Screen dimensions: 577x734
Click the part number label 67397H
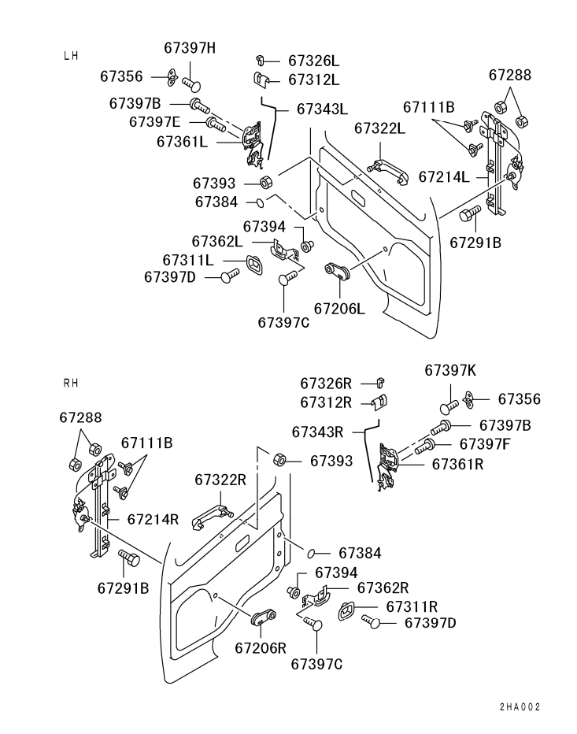(190, 48)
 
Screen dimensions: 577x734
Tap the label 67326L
(313, 61)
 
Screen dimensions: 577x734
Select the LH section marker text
(71, 56)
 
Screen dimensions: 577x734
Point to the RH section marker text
(71, 384)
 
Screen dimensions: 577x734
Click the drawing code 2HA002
(520, 707)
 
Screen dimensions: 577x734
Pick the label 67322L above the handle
(379, 128)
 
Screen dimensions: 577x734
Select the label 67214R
(153, 519)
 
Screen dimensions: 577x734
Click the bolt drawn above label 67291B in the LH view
(470, 214)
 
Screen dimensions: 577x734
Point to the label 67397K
(450, 370)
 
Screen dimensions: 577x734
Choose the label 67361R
(457, 464)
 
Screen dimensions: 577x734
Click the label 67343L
(323, 109)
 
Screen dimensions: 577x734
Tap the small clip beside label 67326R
(380, 384)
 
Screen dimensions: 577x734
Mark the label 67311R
(412, 606)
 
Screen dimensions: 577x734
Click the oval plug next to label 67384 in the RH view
(311, 554)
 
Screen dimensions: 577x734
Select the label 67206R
(261, 648)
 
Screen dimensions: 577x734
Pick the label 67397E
(154, 122)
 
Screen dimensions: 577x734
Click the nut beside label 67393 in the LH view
(265, 182)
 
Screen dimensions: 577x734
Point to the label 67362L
(217, 241)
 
